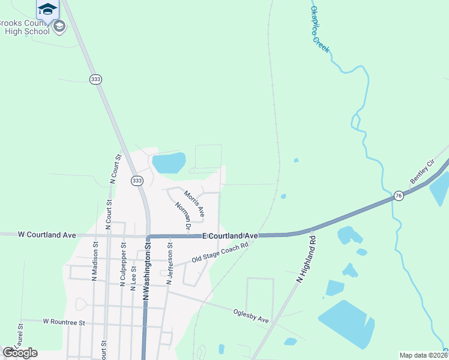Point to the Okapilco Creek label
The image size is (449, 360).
point(319,28)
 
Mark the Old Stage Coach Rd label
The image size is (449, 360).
point(220,253)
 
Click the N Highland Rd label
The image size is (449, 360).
point(306,259)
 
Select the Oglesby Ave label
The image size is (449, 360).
point(251,315)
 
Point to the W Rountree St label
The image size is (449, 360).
point(64,322)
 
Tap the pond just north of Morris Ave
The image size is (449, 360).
point(169,163)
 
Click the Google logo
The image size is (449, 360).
point(20,353)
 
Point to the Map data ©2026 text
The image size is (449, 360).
point(423,355)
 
